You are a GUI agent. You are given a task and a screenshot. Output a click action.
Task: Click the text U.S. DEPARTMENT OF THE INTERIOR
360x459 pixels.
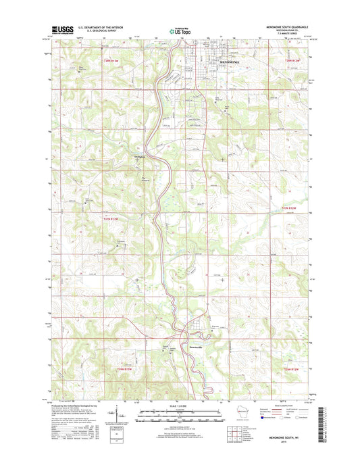(x=102, y=26)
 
